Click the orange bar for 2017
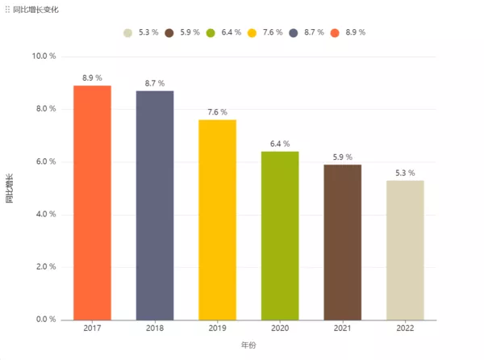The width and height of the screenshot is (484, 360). point(92,202)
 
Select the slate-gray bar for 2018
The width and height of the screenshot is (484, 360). point(155,205)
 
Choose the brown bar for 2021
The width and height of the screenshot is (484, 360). point(343,242)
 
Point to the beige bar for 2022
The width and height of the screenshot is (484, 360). point(405,250)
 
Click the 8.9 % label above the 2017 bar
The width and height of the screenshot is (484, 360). point(92,78)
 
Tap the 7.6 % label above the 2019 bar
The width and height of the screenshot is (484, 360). point(218,112)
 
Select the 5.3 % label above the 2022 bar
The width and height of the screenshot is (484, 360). point(405,173)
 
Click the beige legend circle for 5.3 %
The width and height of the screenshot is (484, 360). point(128,33)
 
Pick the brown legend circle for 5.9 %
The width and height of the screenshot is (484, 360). point(169,33)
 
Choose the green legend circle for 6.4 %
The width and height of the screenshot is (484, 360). point(211,33)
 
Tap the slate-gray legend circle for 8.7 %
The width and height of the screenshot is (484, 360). point(294,33)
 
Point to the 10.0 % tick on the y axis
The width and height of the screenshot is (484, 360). point(44,57)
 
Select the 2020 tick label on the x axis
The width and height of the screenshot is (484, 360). point(280,329)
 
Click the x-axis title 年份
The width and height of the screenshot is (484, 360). point(248,345)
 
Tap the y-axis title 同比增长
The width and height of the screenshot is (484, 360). point(10,188)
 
